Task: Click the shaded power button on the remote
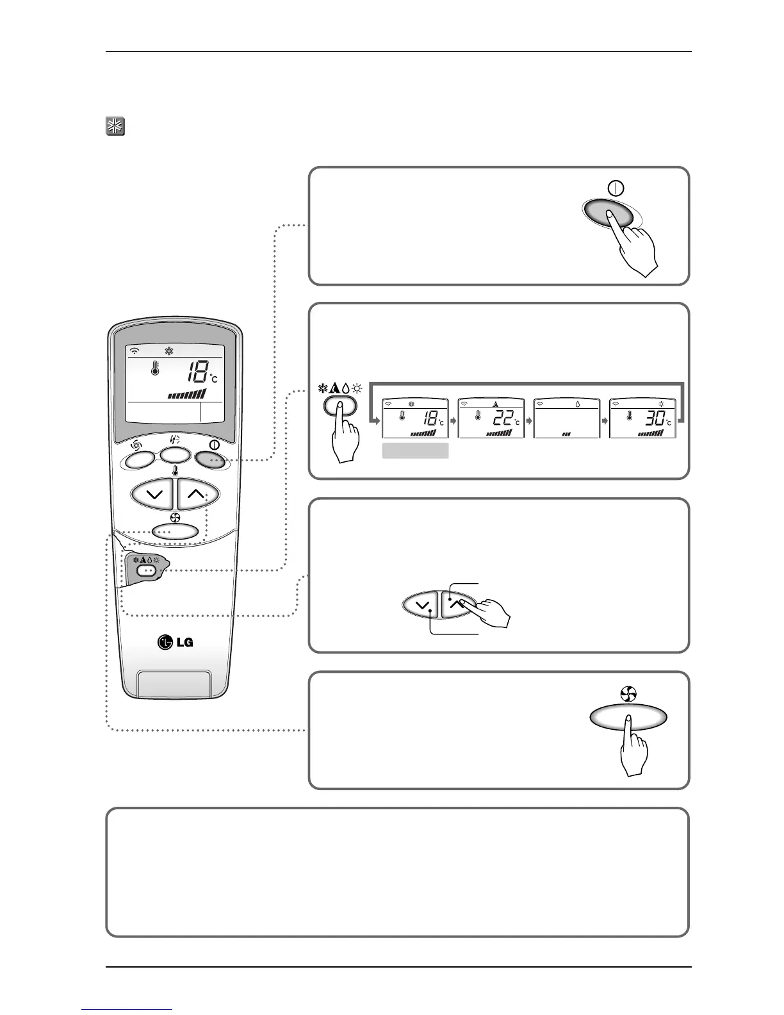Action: coord(212,459)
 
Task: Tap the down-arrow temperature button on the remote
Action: coord(152,494)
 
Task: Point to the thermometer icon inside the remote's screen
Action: coord(154,368)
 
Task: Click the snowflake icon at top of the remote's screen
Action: coord(170,351)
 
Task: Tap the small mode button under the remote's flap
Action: coord(147,569)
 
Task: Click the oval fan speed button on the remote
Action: coord(176,531)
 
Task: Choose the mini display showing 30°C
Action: coord(642,418)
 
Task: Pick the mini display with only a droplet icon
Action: coord(567,418)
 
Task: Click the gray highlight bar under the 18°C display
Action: coord(415,451)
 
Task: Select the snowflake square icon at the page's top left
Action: coord(115,126)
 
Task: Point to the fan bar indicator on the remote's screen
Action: coord(187,394)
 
